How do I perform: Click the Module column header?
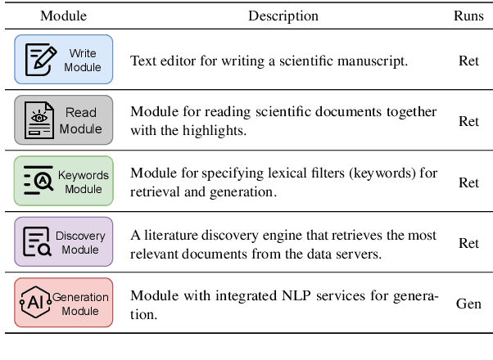(x=63, y=16)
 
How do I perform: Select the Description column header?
(x=283, y=16)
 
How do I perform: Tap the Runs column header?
(x=468, y=16)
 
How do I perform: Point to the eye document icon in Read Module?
(x=38, y=119)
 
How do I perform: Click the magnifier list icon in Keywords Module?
(x=38, y=182)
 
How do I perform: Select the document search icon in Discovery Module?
(x=38, y=242)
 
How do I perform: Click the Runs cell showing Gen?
(x=468, y=304)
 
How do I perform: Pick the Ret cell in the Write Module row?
(x=468, y=60)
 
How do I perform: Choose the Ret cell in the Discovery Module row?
(x=468, y=243)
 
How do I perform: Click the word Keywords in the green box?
(x=83, y=175)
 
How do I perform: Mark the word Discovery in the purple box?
(x=80, y=236)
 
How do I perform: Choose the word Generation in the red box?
(x=80, y=296)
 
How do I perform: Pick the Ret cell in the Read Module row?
(x=468, y=121)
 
